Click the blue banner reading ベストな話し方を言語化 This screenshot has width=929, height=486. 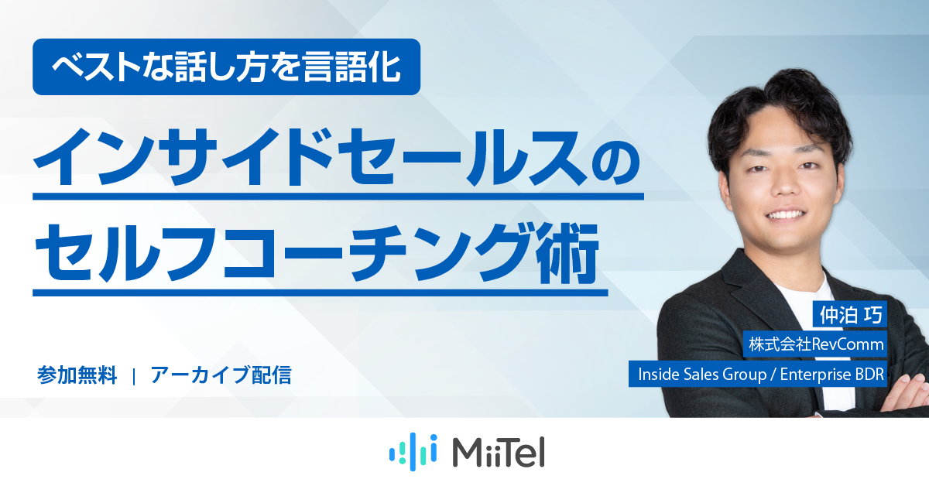[x=226, y=67]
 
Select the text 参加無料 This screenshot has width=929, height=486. [x=77, y=376]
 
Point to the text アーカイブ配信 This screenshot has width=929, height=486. [x=221, y=376]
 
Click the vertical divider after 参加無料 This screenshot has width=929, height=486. [x=135, y=377]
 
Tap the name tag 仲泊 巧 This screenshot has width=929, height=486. [x=850, y=314]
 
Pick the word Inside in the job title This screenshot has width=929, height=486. [x=655, y=375]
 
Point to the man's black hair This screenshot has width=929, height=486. [x=782, y=104]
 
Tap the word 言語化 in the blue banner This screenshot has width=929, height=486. [x=359, y=67]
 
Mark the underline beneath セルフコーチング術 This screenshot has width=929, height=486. [x=319, y=293]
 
